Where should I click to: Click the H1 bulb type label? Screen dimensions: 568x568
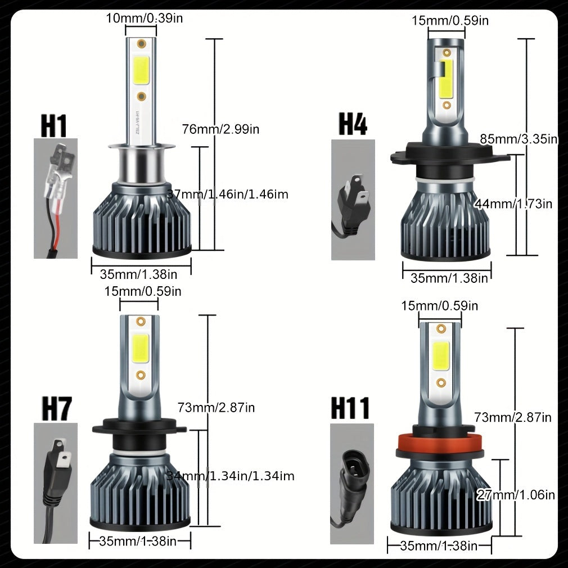[54, 126]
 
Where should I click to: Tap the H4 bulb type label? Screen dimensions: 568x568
[353, 124]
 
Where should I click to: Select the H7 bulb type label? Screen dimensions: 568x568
[57, 409]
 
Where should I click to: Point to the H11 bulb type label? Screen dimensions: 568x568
[350, 408]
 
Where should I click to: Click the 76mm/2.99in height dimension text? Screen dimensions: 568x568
[220, 129]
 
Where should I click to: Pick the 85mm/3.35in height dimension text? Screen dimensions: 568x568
[519, 139]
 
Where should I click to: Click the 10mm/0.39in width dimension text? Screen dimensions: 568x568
[144, 18]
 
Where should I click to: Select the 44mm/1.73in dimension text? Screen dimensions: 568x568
[513, 204]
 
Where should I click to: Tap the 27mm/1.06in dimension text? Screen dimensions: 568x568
[516, 495]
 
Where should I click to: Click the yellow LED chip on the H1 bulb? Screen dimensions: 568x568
[142, 70]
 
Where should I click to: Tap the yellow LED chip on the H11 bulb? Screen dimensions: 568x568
[441, 356]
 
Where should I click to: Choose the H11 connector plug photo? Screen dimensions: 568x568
[351, 484]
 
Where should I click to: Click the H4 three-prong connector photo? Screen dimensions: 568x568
[353, 200]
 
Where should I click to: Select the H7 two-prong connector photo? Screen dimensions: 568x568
[56, 483]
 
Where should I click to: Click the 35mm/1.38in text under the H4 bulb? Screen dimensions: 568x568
[449, 278]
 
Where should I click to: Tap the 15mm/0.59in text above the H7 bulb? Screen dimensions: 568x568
[143, 291]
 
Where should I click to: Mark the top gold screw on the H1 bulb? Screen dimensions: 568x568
[141, 44]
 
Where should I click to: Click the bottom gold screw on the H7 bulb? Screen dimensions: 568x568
[141, 375]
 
